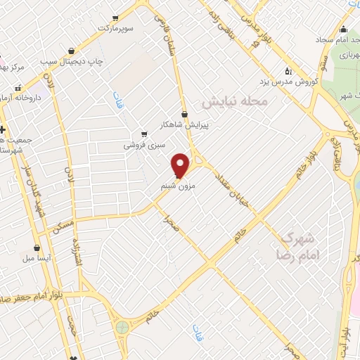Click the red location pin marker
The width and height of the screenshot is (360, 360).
(181, 165)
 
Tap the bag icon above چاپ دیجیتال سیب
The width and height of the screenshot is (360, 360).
(73, 50)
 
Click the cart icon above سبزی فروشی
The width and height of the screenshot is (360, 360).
(144, 133)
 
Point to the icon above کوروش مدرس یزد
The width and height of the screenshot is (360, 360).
(288, 70)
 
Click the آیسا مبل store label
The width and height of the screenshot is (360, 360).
(34, 259)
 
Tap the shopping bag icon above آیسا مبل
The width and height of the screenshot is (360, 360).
(37, 247)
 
